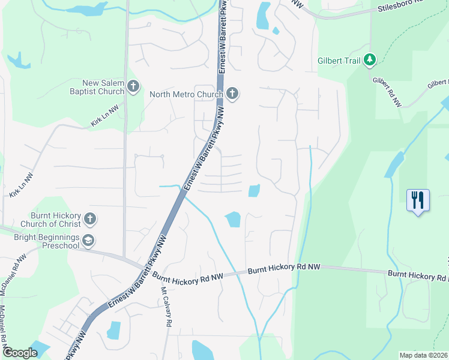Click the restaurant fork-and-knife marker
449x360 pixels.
pos(418,199)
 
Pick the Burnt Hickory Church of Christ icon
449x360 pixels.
pos(89,218)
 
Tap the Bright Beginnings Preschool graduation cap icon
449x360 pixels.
pos(88,241)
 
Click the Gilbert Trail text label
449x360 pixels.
pos(340,61)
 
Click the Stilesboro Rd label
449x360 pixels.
pos(400,8)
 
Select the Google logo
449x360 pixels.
pos(20,353)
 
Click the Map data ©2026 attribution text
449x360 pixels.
pos(423,355)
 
